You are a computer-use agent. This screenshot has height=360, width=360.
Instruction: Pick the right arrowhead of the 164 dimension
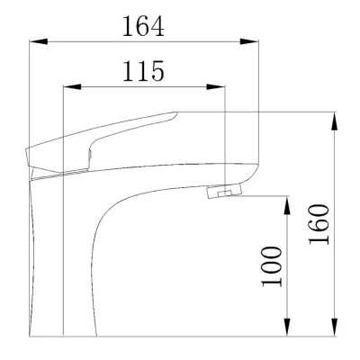248,40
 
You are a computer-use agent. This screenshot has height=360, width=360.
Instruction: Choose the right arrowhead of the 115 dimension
220,86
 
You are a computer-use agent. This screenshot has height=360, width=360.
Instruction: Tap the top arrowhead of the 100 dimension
287,200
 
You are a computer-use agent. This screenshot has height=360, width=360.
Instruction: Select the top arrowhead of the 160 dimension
335,116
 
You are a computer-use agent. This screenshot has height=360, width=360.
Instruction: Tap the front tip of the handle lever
174,115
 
